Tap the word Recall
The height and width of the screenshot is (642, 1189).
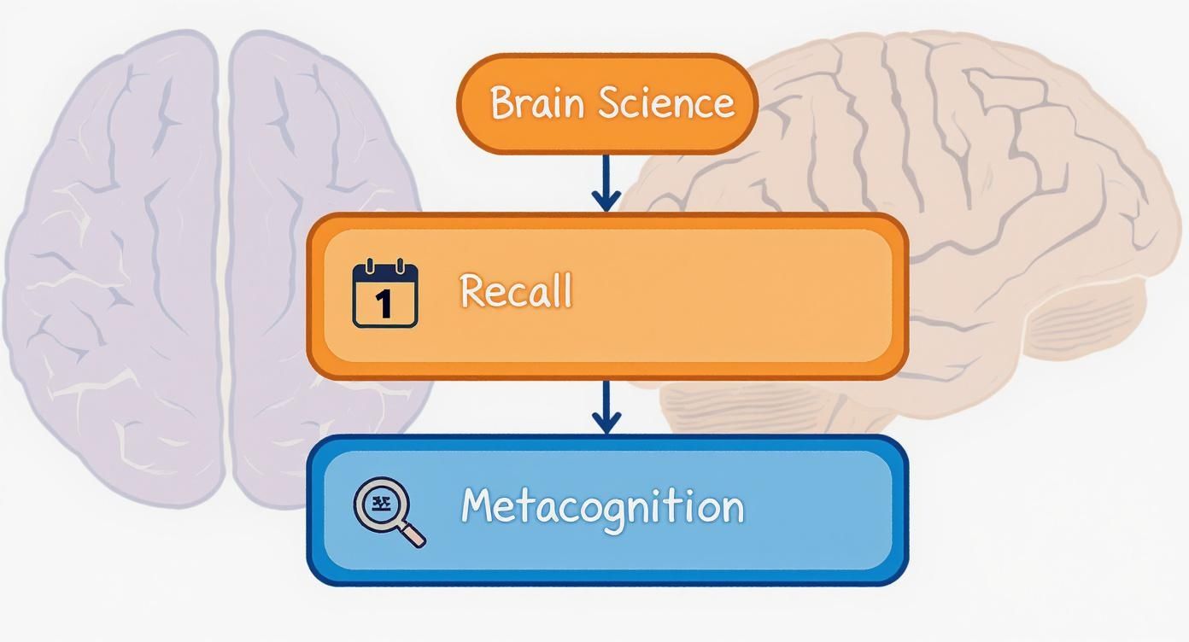click(x=516, y=291)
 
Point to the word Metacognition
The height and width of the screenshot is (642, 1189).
click(x=602, y=506)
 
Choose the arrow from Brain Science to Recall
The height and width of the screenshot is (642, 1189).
click(x=606, y=183)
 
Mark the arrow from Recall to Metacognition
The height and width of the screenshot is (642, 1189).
click(x=606, y=408)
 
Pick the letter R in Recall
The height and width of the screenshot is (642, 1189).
click(x=472, y=291)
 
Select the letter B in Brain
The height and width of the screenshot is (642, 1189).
click(x=503, y=103)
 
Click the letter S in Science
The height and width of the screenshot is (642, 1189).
click(x=609, y=103)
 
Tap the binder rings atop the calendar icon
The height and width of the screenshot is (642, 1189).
click(x=385, y=267)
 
